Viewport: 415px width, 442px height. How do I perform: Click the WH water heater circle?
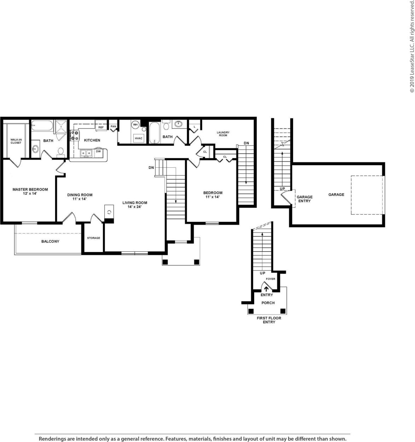(135, 125)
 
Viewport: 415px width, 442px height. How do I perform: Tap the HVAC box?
(138, 138)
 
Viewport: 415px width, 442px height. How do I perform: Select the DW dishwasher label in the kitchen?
(98, 151)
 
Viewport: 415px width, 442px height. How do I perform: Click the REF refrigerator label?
(101, 127)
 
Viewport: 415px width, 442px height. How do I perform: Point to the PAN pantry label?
(113, 126)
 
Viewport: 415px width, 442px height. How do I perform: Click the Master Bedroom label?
(30, 191)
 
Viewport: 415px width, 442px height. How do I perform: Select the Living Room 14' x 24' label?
(135, 205)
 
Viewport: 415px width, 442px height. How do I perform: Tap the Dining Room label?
(80, 197)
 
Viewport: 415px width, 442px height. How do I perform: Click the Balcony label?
(51, 241)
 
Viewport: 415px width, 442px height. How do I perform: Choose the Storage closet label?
(94, 238)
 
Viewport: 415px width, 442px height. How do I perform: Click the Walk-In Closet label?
(16, 141)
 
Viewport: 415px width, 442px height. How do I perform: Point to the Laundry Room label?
(223, 134)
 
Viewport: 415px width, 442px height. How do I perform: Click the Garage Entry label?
(304, 199)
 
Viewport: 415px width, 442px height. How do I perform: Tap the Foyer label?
(270, 279)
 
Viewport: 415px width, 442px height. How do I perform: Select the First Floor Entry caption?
(269, 320)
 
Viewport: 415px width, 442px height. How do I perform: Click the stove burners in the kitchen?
(75, 136)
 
